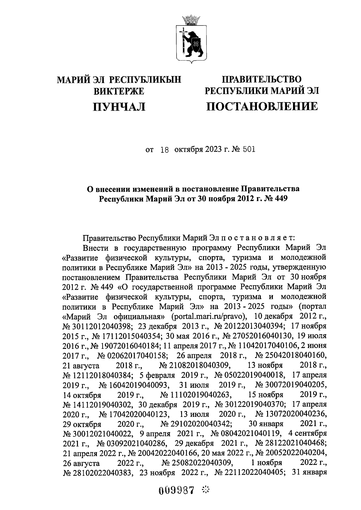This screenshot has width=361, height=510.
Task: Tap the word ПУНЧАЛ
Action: [x=119, y=106]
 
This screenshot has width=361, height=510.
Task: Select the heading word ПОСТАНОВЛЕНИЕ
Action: [x=261, y=106]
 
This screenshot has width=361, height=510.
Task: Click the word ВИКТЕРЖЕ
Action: [x=119, y=91]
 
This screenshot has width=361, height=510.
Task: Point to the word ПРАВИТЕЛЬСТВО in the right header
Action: [x=261, y=79]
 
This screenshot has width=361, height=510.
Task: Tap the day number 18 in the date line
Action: [x=165, y=149]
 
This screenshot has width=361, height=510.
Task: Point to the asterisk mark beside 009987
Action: [x=206, y=490]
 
